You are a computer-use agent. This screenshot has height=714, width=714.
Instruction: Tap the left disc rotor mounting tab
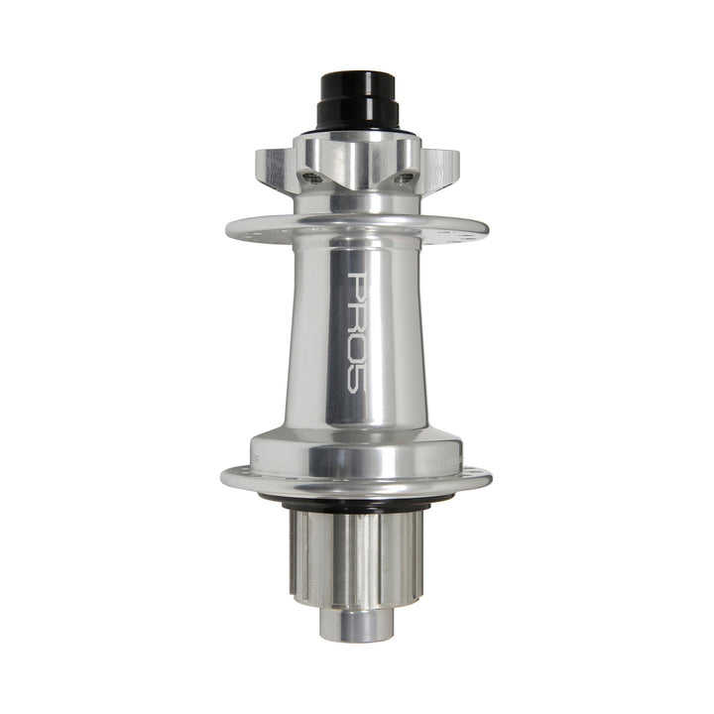click(274, 167)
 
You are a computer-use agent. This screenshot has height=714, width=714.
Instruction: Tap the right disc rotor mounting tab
click(441, 167)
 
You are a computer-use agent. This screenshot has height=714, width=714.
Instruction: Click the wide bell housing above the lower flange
click(357, 451)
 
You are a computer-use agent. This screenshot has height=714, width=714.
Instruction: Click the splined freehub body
click(357, 555)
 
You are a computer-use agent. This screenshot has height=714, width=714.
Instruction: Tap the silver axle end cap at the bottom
click(357, 623)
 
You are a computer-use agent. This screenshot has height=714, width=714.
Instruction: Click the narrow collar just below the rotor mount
click(357, 203)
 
